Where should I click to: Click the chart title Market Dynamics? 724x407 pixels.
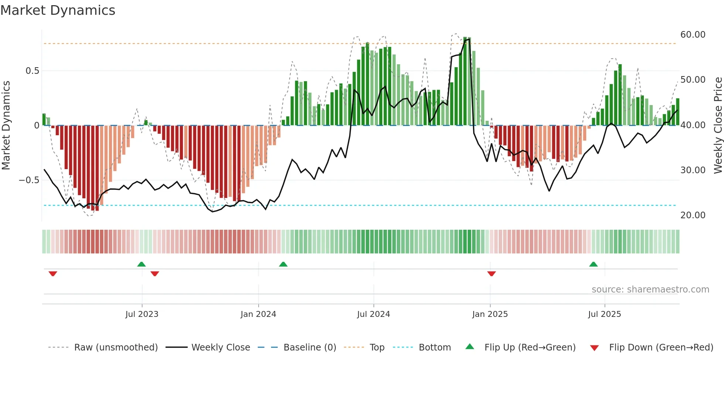(58, 10)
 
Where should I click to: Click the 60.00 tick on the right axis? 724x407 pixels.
(693, 35)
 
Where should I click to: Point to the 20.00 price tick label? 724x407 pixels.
(693, 215)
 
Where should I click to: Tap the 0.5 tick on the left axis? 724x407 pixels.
(32, 71)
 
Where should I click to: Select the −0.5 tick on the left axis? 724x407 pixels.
(29, 180)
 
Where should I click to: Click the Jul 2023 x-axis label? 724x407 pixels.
(142, 314)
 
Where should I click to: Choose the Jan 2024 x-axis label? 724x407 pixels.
(258, 314)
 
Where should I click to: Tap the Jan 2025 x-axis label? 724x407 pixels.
(490, 314)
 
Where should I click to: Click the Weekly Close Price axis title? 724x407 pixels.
(718, 126)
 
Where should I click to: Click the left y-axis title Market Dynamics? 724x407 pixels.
(6, 126)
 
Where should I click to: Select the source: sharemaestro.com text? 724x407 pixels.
(650, 290)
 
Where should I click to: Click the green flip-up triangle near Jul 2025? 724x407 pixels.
(593, 264)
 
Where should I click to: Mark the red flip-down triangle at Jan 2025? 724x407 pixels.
(491, 274)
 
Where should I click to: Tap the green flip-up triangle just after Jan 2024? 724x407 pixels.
(283, 264)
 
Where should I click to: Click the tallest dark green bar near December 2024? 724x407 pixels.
(465, 81)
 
